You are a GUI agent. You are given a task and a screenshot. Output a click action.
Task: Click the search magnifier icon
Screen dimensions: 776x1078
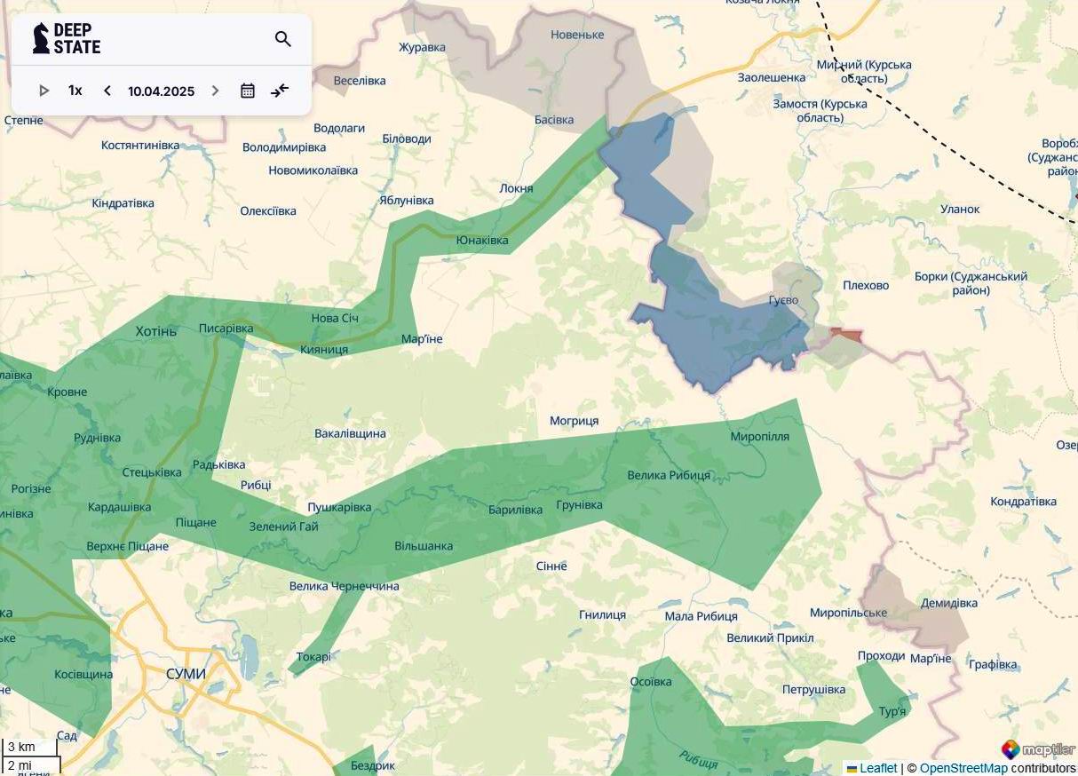[x=283, y=39]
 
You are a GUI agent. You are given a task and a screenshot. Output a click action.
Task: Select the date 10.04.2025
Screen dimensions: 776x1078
[x=161, y=91]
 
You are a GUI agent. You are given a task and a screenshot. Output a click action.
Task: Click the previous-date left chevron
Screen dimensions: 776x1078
[x=107, y=91]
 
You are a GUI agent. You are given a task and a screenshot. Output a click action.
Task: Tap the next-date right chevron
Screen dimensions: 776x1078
[x=215, y=91]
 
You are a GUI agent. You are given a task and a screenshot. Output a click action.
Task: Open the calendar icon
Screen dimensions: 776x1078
[x=248, y=91]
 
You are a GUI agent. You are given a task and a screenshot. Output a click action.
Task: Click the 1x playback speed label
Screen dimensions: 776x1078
[x=75, y=91]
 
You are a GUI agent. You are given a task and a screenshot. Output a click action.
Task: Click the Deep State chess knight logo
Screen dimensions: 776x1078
[x=41, y=38]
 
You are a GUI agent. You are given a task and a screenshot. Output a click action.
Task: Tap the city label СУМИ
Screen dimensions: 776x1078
[x=186, y=674]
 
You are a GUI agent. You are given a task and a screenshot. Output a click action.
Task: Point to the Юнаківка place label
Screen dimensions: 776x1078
[x=482, y=241]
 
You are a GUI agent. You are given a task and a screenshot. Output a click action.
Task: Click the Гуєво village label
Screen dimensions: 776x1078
[x=783, y=300]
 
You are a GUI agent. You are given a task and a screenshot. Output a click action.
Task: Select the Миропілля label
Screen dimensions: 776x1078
[x=759, y=437]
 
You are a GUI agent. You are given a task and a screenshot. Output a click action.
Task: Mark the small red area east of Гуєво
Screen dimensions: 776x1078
[x=846, y=335]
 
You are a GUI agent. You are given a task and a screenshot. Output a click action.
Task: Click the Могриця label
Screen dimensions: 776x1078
[x=574, y=421]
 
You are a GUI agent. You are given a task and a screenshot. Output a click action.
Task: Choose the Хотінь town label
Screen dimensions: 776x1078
[x=156, y=331]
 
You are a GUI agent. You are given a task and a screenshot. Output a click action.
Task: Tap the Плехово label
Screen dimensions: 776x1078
[x=865, y=285]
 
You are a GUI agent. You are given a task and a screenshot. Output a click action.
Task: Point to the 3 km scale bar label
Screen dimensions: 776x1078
[x=21, y=747]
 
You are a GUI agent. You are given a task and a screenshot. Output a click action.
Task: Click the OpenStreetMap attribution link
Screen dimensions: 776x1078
[x=963, y=768]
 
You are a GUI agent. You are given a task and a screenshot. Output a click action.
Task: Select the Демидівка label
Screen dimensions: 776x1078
[x=948, y=603]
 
